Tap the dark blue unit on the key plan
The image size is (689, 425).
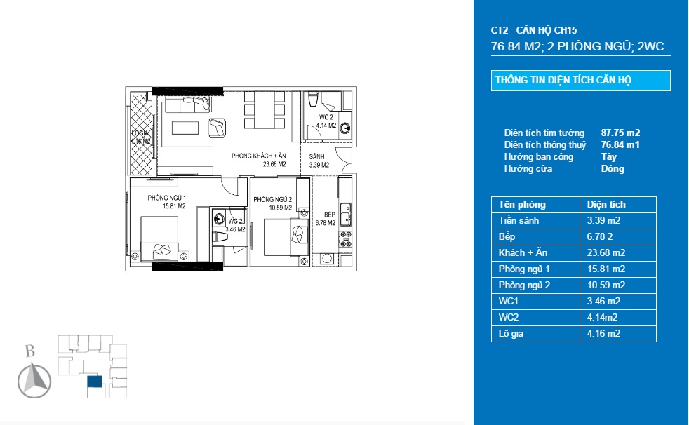[95, 382]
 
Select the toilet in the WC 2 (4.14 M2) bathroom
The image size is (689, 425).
[313, 99]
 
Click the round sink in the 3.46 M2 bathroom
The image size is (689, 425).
[218, 218]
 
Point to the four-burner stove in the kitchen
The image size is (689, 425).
[345, 239]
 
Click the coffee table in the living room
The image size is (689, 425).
[185, 128]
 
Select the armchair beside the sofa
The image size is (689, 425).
[217, 128]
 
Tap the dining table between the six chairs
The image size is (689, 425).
[264, 110]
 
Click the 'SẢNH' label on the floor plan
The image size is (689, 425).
[316, 156]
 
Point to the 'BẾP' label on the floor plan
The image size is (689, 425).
[330, 215]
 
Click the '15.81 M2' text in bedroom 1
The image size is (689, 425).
[174, 205]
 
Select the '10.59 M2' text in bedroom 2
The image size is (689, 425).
[281, 208]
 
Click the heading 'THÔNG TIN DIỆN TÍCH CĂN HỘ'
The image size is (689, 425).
[563, 81]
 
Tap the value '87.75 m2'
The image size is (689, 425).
[620, 133]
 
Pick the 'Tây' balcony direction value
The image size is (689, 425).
[608, 156]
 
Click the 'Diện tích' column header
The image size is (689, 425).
[606, 204]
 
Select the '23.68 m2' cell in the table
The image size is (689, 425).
[606, 252]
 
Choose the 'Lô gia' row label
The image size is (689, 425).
[511, 333]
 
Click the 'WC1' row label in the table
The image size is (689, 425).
[509, 301]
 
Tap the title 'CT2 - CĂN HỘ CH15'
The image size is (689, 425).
[534, 30]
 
